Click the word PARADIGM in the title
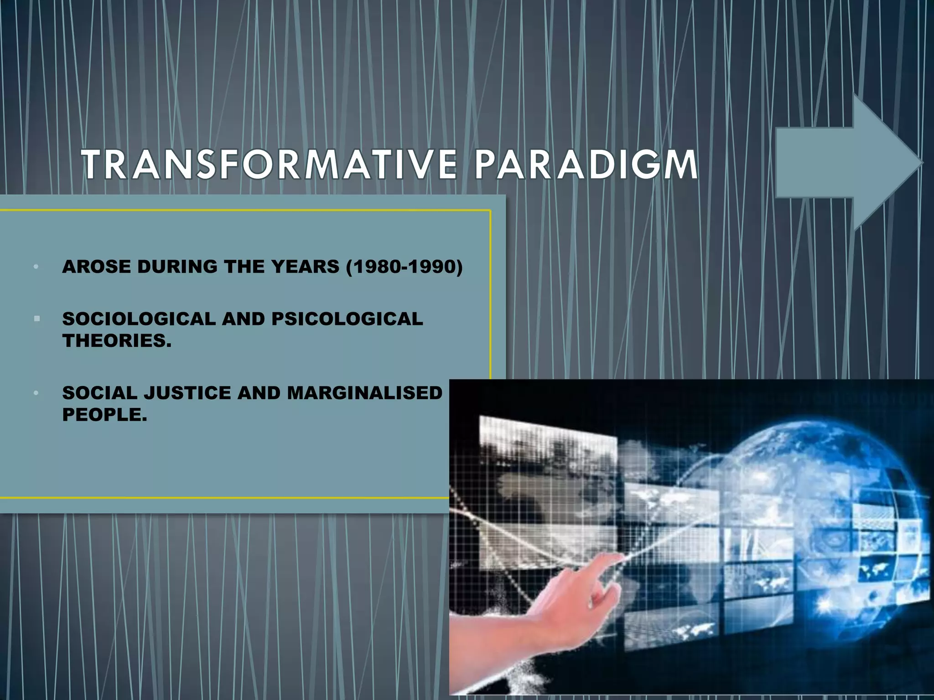(x=586, y=165)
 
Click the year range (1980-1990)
(x=405, y=267)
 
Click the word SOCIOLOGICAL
(x=139, y=319)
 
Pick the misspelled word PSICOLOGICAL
(x=347, y=319)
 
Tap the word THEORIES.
(x=117, y=341)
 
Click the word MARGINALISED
(x=365, y=393)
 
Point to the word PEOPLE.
(x=104, y=415)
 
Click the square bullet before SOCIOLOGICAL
(x=37, y=319)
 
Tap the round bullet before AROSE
(x=36, y=267)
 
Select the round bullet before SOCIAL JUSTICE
(x=36, y=393)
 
